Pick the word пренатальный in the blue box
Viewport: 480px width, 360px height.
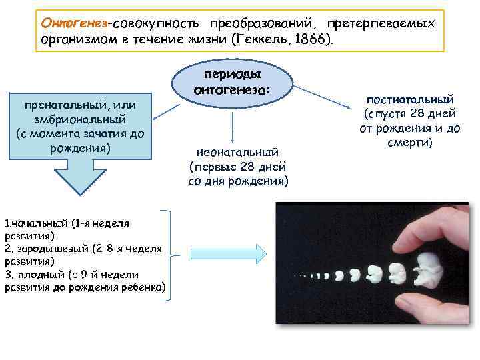(60, 106)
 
